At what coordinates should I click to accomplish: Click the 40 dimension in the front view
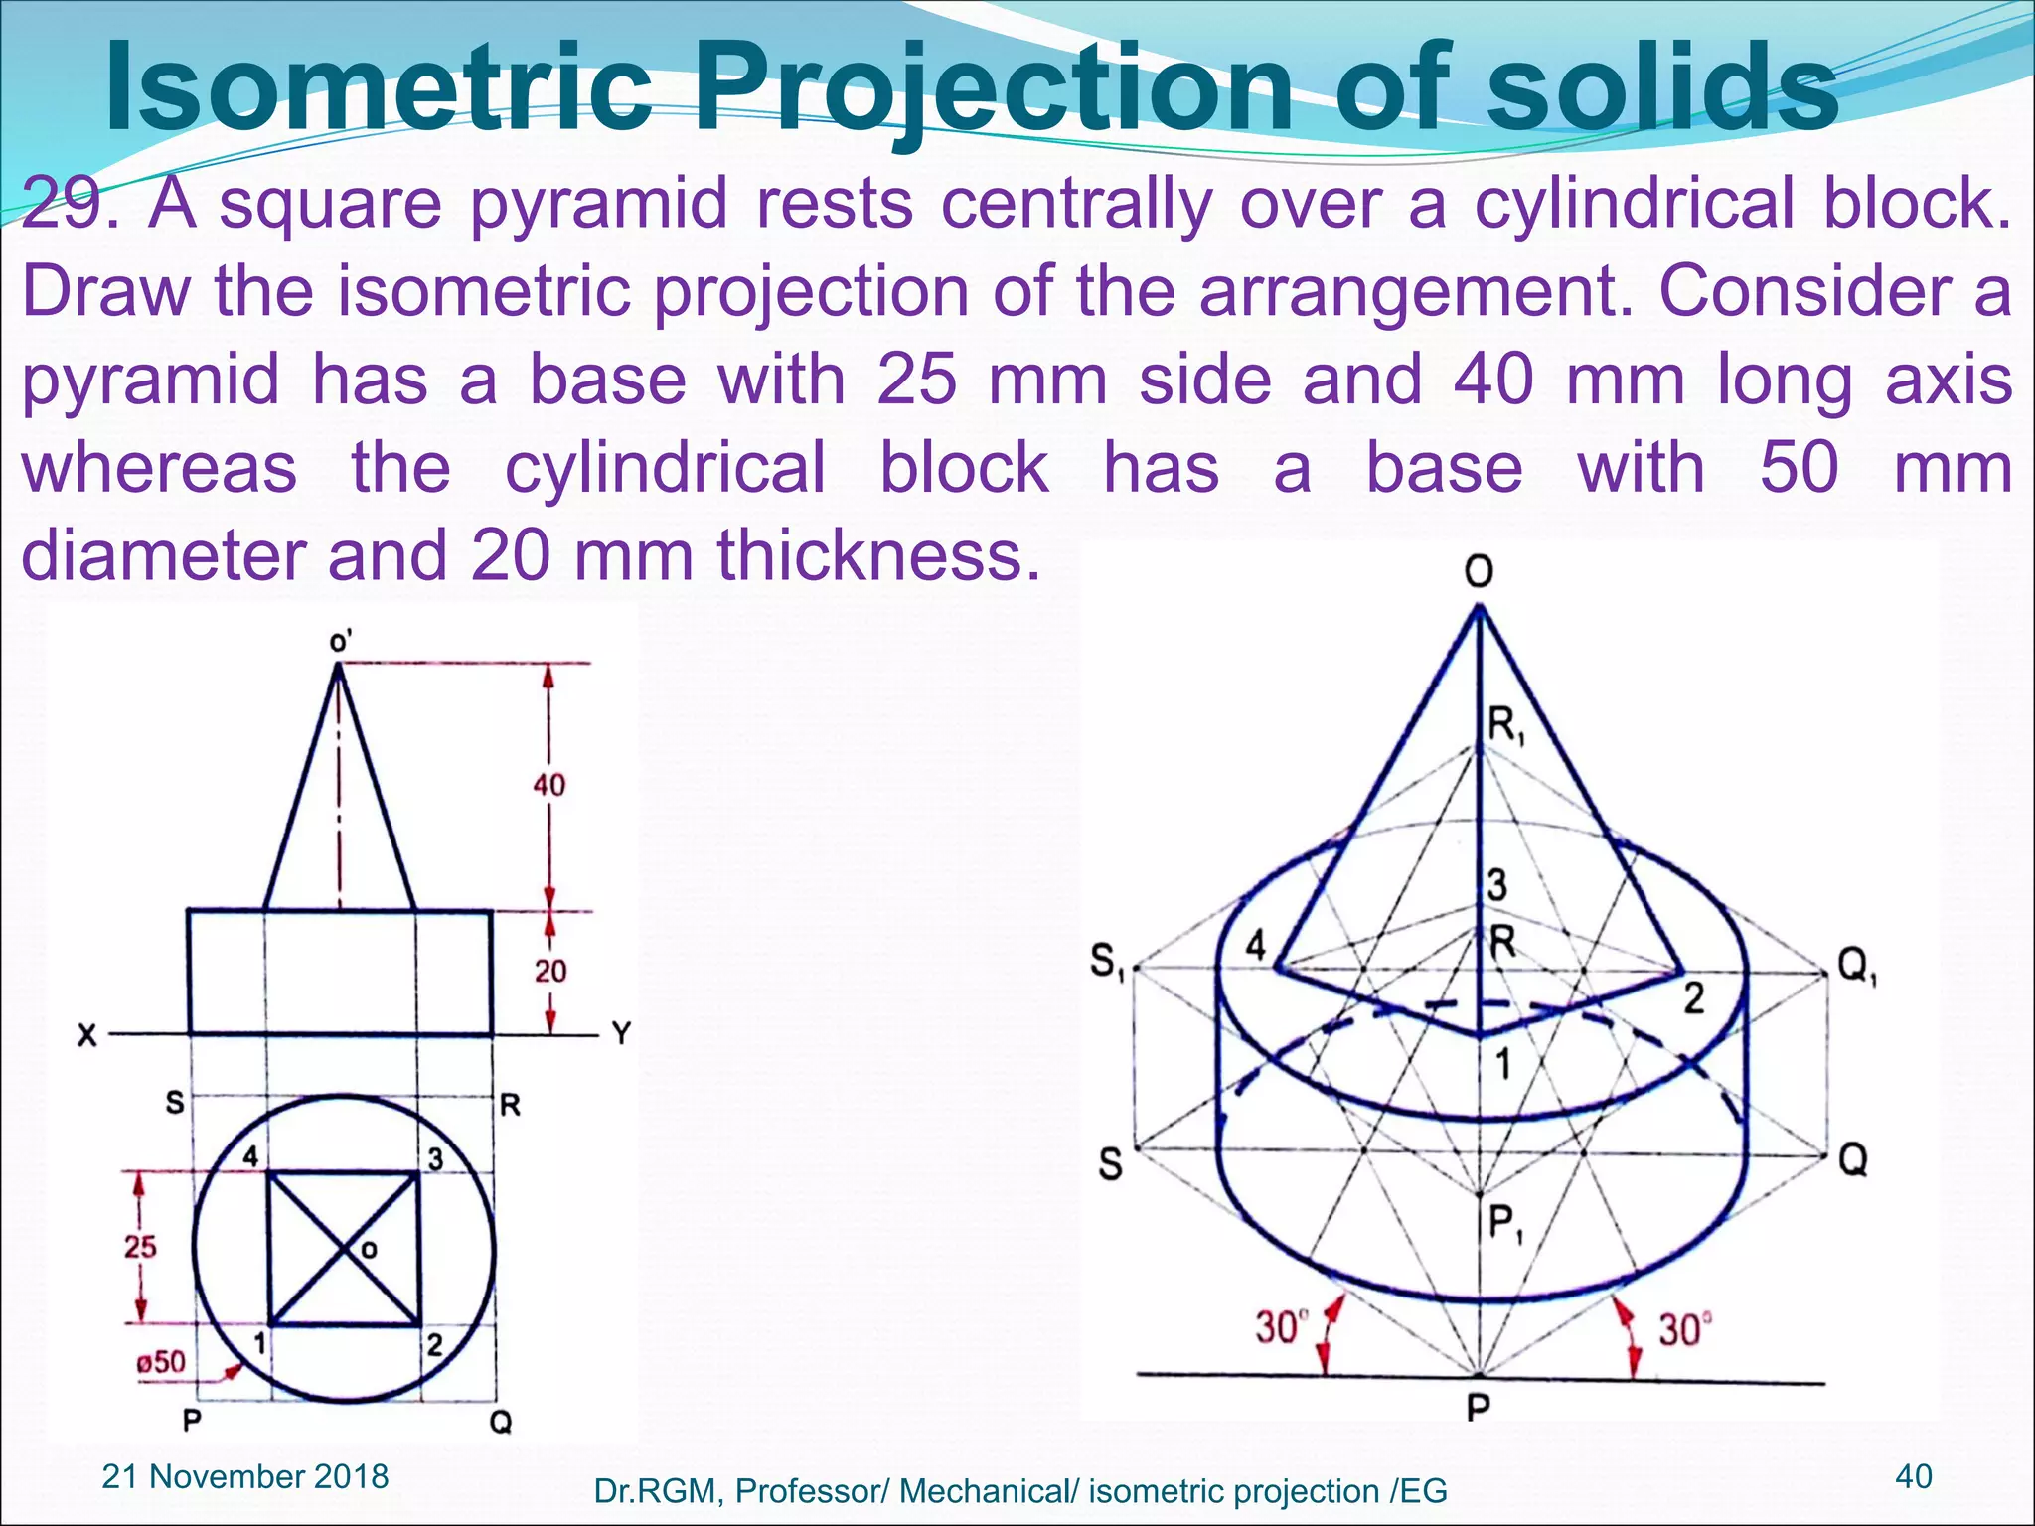pos(548,785)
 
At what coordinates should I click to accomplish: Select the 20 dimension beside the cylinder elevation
pos(549,970)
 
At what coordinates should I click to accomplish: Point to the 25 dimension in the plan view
pos(140,1246)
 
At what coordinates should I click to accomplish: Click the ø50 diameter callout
pos(161,1362)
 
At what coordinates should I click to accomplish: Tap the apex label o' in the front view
pos(340,642)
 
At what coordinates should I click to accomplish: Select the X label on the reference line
pos(87,1036)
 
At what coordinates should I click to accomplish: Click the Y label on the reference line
pos(621,1034)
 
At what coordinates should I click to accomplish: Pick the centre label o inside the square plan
pos(369,1250)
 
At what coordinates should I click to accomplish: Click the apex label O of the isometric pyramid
pos(1478,571)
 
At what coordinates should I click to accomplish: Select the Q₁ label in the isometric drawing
pos(1855,964)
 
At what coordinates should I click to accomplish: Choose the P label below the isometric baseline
pos(1478,1408)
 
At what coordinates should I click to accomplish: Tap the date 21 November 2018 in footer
pos(244,1476)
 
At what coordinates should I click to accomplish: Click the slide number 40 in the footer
pos(1914,1476)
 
